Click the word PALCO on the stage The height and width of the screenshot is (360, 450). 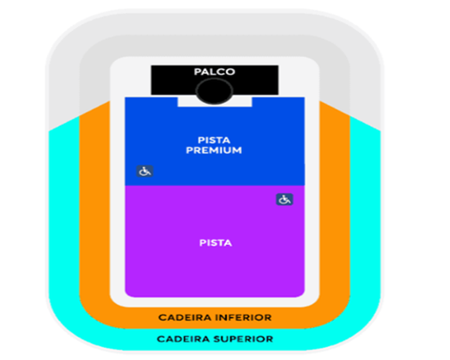coord(215,72)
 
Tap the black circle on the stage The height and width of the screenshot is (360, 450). coord(215,91)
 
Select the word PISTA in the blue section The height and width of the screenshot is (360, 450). coord(214,140)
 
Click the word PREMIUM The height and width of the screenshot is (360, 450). coord(214,150)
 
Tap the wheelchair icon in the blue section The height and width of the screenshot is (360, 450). coord(144,172)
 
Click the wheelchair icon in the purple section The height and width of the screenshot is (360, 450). coord(284,200)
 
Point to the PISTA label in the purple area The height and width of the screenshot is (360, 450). coord(216,243)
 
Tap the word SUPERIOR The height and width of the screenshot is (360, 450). coord(244,339)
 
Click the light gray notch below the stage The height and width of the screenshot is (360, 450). coord(215,102)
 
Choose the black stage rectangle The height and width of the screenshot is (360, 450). coord(215,80)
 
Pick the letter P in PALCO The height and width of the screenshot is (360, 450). coord(198,72)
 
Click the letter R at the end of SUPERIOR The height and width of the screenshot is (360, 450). coord(270,339)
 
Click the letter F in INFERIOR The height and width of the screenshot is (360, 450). coord(232,318)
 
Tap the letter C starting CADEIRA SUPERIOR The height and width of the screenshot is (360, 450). coord(160,339)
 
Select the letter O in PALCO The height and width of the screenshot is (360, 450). coord(231,72)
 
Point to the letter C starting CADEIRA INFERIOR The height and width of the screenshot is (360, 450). coord(162,318)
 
